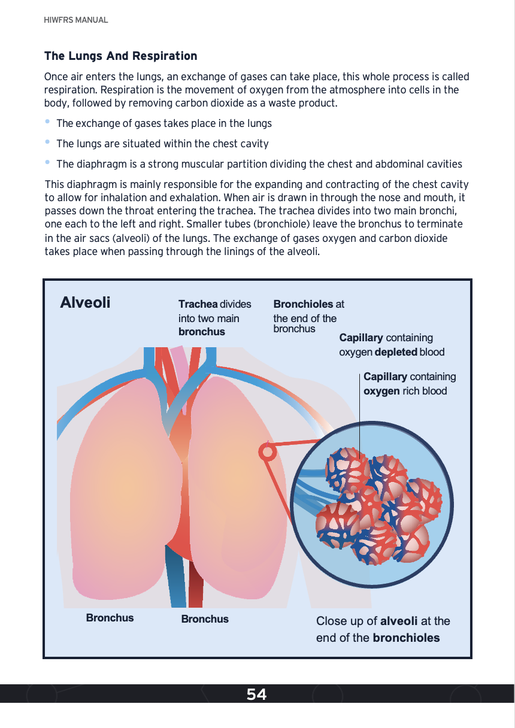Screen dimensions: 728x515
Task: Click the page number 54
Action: click(256, 694)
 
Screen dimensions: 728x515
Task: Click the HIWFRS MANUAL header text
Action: click(76, 20)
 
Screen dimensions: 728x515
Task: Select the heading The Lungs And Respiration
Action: click(120, 56)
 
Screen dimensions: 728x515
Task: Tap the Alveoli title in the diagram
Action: click(85, 302)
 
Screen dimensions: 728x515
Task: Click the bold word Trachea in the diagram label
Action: click(198, 304)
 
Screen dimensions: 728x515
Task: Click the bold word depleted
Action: click(395, 352)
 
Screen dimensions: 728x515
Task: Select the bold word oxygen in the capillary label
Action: click(381, 391)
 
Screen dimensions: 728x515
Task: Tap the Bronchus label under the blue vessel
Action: click(205, 619)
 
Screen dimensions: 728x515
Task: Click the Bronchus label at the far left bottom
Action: click(110, 618)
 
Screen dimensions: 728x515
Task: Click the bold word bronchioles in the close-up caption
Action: click(406, 638)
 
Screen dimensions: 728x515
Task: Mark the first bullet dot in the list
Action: click(48, 122)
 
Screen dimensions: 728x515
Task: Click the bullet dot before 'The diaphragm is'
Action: click(48, 163)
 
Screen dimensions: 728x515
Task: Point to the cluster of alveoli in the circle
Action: click(377, 503)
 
